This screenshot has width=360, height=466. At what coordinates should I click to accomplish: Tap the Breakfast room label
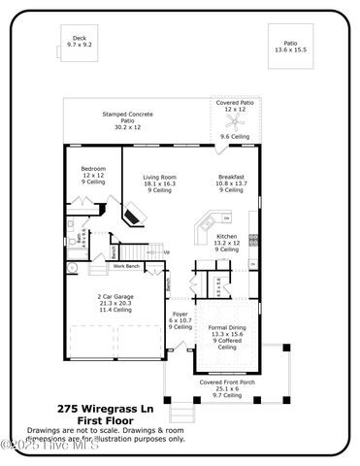(231, 176)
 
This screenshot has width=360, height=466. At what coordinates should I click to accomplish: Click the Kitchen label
(225, 237)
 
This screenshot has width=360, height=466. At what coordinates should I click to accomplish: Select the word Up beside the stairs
(166, 252)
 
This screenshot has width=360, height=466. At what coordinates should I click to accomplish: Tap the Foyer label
(180, 315)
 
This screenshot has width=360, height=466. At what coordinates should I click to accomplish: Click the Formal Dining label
(227, 328)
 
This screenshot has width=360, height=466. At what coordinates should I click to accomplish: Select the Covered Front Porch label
(226, 383)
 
